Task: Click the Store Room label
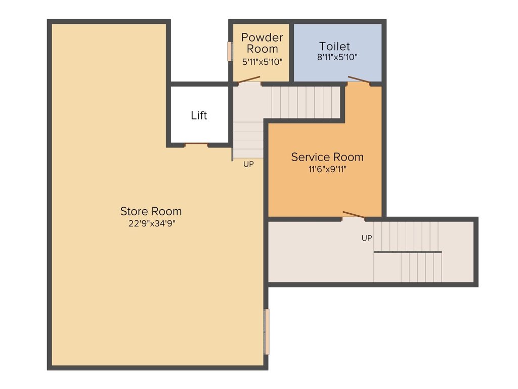click(151, 211)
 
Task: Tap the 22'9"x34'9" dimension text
click(151, 223)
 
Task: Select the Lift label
click(199, 115)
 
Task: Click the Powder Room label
click(262, 43)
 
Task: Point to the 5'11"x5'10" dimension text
click(262, 61)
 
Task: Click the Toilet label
click(334, 47)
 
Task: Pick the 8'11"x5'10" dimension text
click(337, 57)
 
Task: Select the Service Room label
click(327, 157)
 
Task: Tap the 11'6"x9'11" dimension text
click(327, 169)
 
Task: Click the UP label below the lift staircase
click(248, 164)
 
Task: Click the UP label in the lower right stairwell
click(367, 238)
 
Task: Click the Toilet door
click(359, 80)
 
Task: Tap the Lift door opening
click(196, 145)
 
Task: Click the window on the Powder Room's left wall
click(230, 51)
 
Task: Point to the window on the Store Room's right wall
click(267, 332)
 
